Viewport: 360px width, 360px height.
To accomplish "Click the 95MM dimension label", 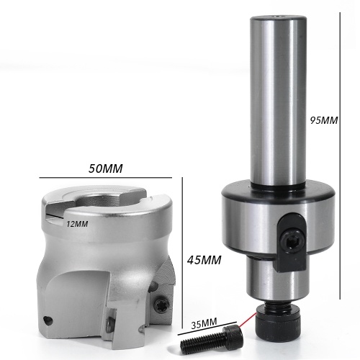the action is (x=324, y=120).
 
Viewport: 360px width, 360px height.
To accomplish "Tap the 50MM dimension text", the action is (x=105, y=168).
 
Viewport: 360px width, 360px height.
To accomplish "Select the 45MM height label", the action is (x=204, y=260).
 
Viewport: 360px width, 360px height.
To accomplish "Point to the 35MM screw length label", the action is (x=204, y=325).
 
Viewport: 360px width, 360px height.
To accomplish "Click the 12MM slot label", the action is (x=77, y=224).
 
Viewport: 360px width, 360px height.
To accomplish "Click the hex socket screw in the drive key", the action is (x=292, y=240).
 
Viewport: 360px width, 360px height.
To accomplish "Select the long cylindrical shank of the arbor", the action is (x=278, y=101).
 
